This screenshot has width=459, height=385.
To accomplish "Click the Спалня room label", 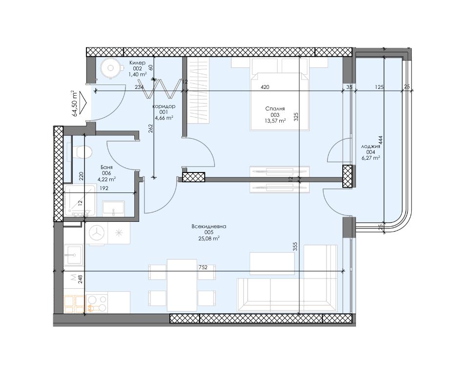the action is point(275,108).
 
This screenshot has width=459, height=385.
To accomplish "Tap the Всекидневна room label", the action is point(209,227).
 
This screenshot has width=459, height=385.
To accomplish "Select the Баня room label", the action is point(106,167).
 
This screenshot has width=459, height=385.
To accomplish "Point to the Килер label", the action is point(137,63).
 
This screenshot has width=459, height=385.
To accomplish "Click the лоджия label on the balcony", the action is point(371,146).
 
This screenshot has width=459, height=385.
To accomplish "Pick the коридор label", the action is point(164,106).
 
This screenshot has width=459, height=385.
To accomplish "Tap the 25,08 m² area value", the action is point(209,238).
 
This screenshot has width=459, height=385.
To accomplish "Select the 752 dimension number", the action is point(203,267).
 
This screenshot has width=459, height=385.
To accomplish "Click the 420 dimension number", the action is point(265,87).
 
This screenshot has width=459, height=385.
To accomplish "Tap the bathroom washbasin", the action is point(113,209).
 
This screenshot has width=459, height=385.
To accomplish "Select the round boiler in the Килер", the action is point(111,68).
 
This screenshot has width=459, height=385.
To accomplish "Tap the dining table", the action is point(182,285).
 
